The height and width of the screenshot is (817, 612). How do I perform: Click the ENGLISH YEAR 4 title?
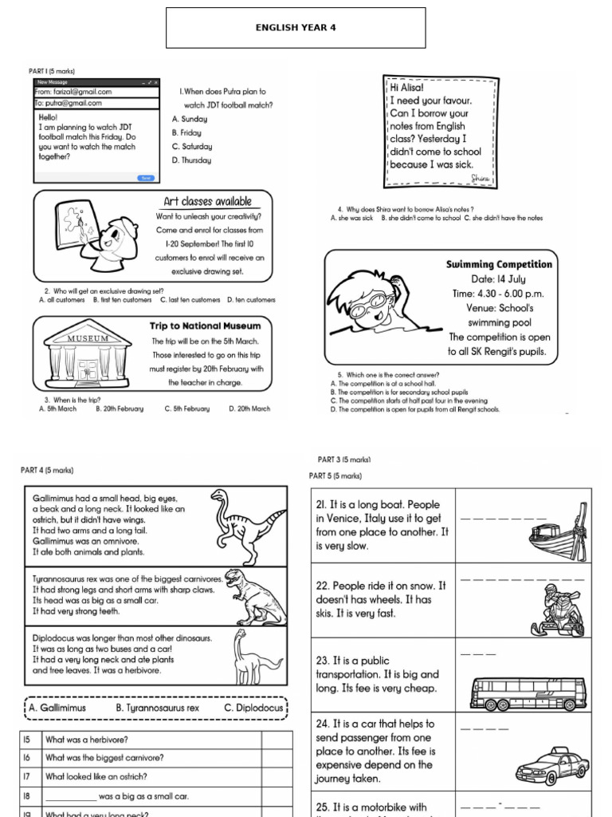pyautogui.click(x=296, y=27)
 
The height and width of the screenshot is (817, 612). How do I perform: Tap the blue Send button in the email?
pyautogui.click(x=145, y=178)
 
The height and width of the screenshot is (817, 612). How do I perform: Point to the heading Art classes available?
pyautogui.click(x=207, y=202)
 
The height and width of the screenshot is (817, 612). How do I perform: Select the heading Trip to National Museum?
pyautogui.click(x=205, y=326)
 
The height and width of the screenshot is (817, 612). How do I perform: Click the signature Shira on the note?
pyautogui.click(x=480, y=177)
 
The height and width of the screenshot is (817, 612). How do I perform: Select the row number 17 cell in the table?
pyautogui.click(x=27, y=776)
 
